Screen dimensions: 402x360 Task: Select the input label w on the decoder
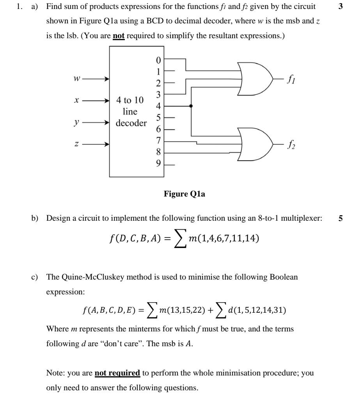pos(77,79)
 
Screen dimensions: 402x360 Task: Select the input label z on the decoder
pos(77,144)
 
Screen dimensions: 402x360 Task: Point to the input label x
pos(77,101)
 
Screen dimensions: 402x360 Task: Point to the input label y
pos(77,122)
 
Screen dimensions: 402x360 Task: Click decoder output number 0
pos(158,60)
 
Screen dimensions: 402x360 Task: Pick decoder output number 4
pos(158,106)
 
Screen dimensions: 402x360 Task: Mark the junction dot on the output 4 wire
pos(191,106)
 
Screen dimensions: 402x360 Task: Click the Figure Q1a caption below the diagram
pos(184,194)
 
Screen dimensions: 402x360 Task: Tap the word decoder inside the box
pos(131,123)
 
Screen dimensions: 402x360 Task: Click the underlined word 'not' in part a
pos(119,36)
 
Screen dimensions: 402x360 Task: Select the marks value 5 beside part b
pos(340,218)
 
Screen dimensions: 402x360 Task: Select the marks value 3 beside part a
pos(341,7)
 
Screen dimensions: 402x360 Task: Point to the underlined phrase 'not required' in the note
pos(117,373)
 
